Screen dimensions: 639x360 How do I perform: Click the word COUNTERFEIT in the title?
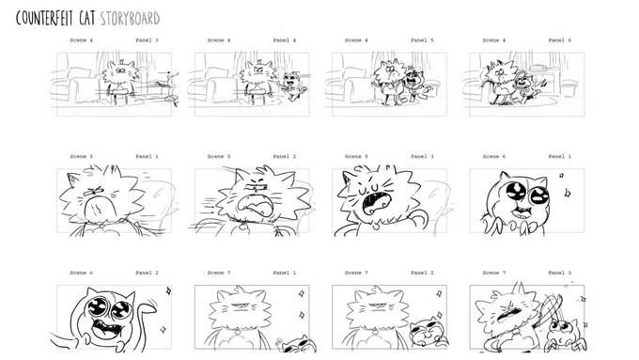45,19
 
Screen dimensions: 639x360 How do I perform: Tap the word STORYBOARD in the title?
130,19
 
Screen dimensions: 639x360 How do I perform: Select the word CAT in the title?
87,19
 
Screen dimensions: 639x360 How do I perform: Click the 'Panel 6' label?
559,40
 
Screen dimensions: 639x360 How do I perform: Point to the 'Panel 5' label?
422,40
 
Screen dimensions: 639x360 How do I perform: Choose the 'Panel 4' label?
285,40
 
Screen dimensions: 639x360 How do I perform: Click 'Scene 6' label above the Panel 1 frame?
494,156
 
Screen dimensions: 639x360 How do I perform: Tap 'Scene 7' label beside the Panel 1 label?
219,273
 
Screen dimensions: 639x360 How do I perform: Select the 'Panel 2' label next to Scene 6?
147,273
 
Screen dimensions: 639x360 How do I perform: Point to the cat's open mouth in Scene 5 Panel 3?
377,203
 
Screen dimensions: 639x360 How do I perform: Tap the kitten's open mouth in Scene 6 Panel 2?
106,325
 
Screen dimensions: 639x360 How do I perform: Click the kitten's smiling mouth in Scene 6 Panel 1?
522,211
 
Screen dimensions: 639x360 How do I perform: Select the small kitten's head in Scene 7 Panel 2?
424,330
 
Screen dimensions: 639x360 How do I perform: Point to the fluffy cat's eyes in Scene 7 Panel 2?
377,305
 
